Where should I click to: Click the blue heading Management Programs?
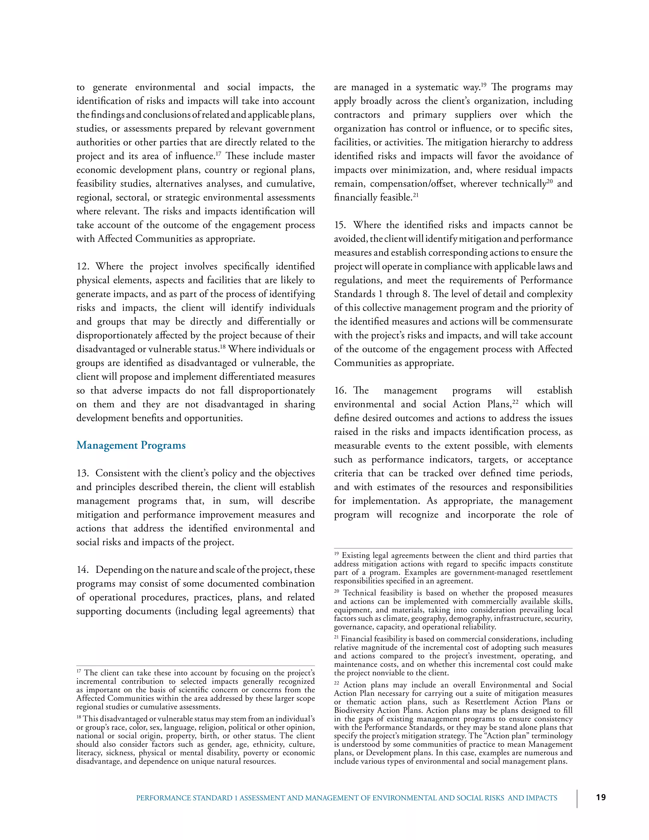point(131,445)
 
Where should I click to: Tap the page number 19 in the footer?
point(601,797)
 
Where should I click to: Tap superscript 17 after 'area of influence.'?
point(218,153)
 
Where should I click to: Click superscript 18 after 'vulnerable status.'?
point(222,346)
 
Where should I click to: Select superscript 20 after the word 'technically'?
point(550,181)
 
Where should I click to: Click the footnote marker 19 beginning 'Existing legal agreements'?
point(337,554)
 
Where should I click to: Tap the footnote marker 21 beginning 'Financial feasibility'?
point(337,638)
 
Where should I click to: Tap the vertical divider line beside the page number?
point(577,798)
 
